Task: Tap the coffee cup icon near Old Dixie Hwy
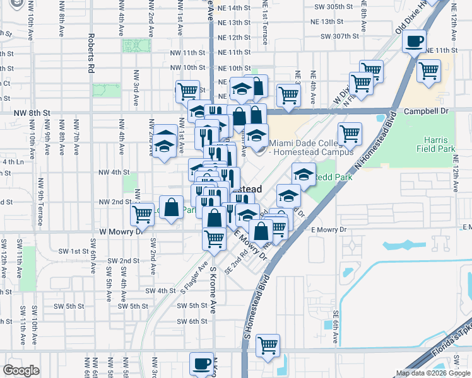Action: pyautogui.click(x=414, y=42)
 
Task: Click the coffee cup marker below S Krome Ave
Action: pyautogui.click(x=202, y=364)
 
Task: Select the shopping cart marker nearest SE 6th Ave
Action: pyautogui.click(x=268, y=345)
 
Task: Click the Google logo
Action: pyautogui.click(x=21, y=370)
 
